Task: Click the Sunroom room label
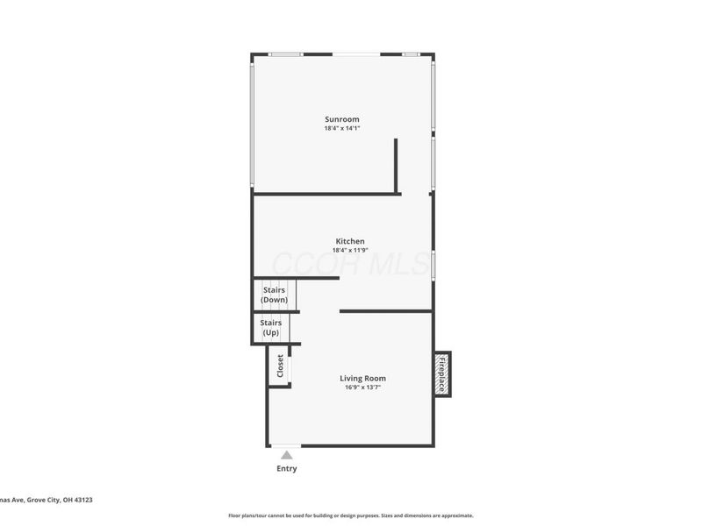[x=342, y=119]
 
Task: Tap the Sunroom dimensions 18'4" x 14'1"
[x=342, y=128]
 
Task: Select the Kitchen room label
[x=350, y=241]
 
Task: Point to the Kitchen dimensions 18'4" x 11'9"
[x=350, y=250]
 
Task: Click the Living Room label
[x=362, y=379]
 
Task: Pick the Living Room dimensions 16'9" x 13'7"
[x=362, y=387]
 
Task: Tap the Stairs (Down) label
[x=274, y=295]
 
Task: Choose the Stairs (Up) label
[x=271, y=328]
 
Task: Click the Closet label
[x=280, y=366]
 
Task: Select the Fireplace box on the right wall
[x=442, y=375]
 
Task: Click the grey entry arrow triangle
[x=287, y=455]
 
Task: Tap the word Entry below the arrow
[x=287, y=469]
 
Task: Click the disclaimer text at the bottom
[x=351, y=515]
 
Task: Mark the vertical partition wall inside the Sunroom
[x=397, y=166]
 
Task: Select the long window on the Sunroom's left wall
[x=253, y=123]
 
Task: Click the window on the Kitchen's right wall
[x=433, y=265]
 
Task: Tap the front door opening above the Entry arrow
[x=287, y=445]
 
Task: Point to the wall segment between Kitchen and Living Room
[x=386, y=310]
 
